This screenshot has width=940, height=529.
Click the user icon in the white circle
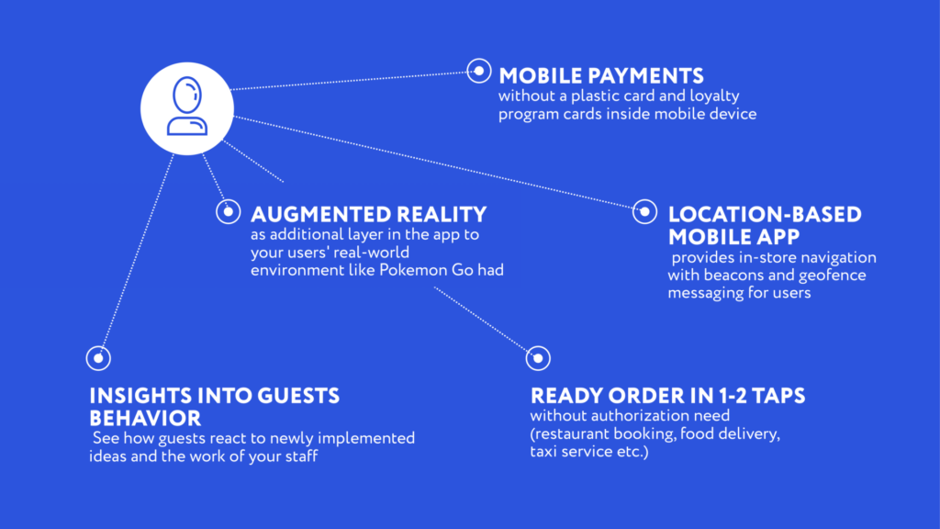187,107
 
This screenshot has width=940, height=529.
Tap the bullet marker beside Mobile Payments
479,72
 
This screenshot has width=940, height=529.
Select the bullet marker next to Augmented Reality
229,212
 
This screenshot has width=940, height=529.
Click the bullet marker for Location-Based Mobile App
645,212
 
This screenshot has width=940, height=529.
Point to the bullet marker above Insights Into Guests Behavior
98,359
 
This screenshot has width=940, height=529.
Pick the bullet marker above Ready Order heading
538,359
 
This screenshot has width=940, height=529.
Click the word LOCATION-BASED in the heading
765,215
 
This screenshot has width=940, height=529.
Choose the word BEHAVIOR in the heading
145,418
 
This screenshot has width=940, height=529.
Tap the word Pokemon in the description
414,270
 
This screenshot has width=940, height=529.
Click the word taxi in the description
543,451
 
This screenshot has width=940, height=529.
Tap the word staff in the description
301,456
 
